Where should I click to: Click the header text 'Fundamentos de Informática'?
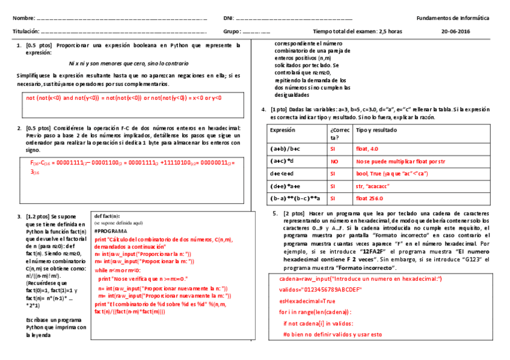tap(453, 19)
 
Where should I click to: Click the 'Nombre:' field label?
tap(24, 19)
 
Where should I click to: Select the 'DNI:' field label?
tap(229, 19)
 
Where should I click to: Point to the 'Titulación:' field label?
tap(26, 31)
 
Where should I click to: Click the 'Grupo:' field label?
tap(232, 31)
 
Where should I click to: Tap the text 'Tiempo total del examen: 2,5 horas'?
tap(357, 31)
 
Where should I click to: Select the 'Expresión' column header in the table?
tap(283, 130)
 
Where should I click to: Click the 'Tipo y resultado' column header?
tap(377, 130)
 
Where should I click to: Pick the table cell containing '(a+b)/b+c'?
tap(285, 148)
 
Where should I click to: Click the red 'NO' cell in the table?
tap(334, 161)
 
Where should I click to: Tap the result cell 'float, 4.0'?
tap(367, 148)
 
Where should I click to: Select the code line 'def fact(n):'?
tap(107, 216)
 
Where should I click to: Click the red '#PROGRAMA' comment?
tap(111, 231)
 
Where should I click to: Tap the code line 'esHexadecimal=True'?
tap(307, 301)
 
